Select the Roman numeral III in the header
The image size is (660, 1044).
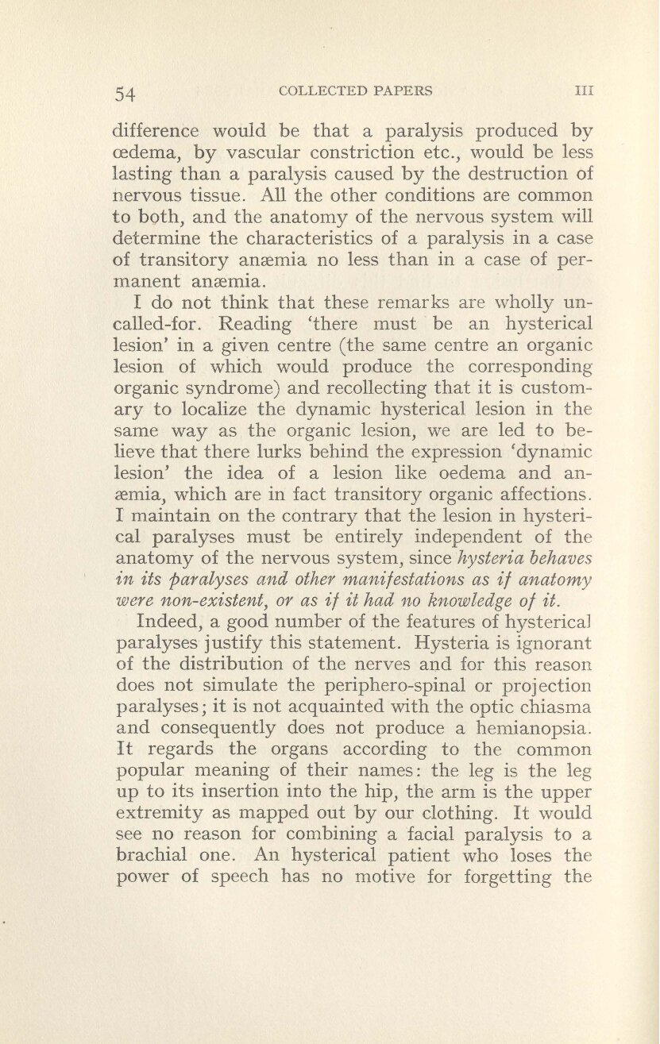[x=584, y=91]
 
